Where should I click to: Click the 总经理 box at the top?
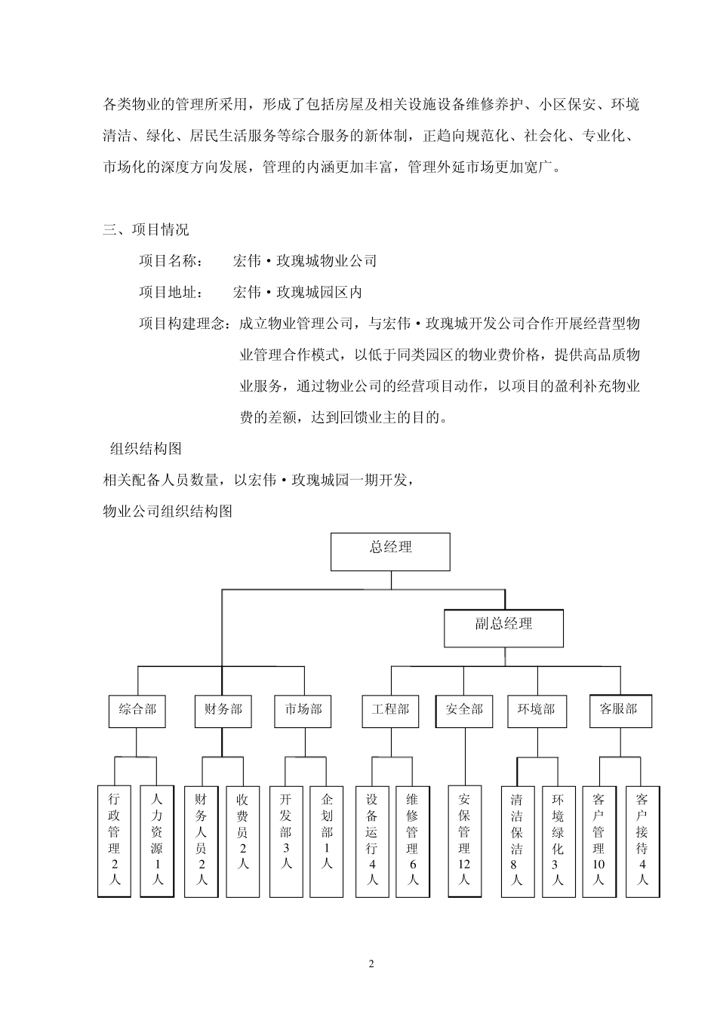[390, 552]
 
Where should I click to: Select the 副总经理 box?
[503, 628]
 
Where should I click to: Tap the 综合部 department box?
[137, 711]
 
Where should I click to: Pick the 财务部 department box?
[223, 711]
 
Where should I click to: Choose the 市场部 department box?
[303, 711]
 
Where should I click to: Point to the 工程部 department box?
[390, 711]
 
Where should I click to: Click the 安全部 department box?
[464, 711]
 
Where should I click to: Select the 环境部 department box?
[537, 711]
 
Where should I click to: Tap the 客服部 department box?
[620, 711]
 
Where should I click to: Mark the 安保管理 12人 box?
[464, 840]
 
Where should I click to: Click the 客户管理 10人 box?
[599, 840]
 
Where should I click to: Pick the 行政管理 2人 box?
[115, 840]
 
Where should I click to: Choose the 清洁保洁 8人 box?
[517, 840]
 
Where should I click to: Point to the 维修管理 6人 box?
[412, 840]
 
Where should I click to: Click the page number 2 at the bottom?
[371, 964]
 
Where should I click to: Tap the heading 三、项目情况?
[146, 229]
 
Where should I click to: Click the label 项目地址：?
[171, 292]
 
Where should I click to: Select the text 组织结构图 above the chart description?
[146, 449]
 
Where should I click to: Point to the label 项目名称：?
[171, 261]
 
